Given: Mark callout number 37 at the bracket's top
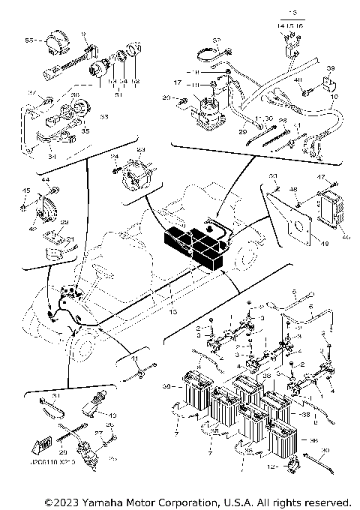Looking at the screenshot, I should [32, 93].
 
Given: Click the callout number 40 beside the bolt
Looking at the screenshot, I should [298, 80].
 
